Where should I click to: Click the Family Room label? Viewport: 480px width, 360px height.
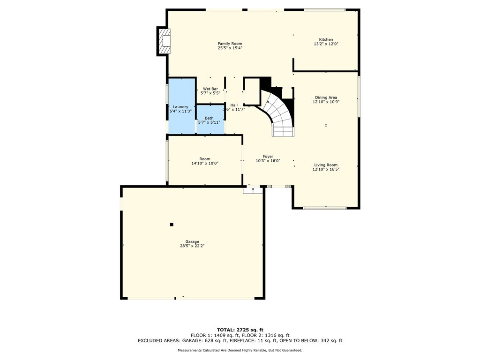[x=230, y=44]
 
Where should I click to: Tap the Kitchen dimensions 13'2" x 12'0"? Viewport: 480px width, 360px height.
[x=326, y=44]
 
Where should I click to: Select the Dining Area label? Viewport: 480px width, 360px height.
[x=326, y=97]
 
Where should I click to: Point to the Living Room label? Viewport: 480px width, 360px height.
[x=326, y=165]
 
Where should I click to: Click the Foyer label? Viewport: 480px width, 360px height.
[x=268, y=157]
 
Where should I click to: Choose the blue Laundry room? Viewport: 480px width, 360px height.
[x=181, y=106]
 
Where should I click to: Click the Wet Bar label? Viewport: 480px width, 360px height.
[x=210, y=89]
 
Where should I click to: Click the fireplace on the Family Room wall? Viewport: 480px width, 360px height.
[x=164, y=41]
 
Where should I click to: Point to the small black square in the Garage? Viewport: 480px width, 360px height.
[x=172, y=225]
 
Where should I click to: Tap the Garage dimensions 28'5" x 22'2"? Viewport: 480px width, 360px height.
[x=192, y=246]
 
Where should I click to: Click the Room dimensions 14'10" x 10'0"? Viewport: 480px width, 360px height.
[x=205, y=164]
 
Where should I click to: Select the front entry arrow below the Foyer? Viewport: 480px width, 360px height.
[x=253, y=190]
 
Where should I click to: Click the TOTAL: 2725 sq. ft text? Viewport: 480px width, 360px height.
[x=240, y=330]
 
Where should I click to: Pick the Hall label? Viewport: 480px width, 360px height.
[x=234, y=105]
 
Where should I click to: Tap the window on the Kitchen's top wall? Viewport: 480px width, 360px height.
[x=324, y=10]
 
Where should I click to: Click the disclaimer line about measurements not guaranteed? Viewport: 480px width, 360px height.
[x=240, y=350]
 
